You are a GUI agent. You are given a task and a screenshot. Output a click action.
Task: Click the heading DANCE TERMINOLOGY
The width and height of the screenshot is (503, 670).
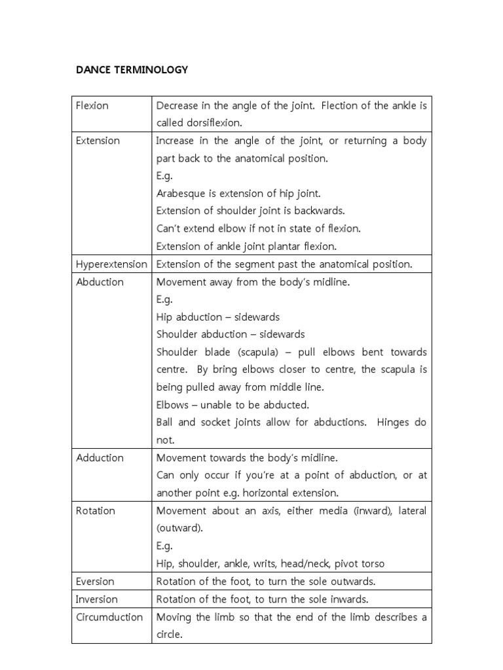point(132,69)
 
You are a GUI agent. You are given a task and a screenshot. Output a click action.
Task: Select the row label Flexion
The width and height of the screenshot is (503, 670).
point(92,105)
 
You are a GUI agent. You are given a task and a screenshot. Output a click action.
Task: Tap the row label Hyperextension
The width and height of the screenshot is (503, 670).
point(111,264)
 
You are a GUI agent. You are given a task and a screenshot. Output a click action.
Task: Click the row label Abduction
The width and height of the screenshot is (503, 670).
point(100,282)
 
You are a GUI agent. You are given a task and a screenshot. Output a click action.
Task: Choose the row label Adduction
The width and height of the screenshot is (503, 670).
point(100,457)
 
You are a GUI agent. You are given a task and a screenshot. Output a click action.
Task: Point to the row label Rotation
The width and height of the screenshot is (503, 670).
point(96,510)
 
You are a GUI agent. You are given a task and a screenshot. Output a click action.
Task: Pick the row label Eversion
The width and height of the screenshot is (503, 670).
point(95,581)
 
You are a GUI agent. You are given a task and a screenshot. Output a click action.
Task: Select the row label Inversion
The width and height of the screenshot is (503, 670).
point(97,599)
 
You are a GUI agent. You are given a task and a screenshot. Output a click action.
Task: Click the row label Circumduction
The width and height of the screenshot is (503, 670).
point(109,617)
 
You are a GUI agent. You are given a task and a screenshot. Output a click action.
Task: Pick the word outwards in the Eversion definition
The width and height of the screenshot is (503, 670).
point(351,581)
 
